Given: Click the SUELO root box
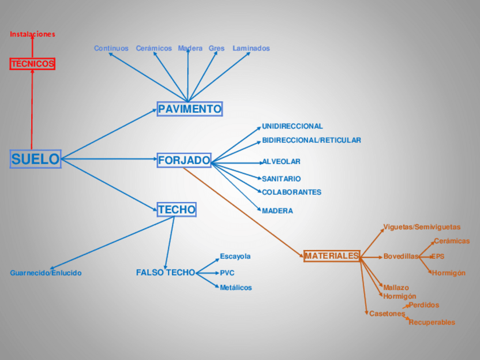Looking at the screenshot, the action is (x=35, y=159).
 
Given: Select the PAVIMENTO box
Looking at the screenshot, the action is (x=190, y=109).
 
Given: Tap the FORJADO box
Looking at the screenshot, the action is (x=184, y=160).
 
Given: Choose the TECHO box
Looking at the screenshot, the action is (x=177, y=209).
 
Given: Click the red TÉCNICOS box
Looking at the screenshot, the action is (x=33, y=64).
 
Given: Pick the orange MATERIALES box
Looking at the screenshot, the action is (x=332, y=256).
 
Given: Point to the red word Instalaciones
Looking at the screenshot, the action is (x=32, y=34).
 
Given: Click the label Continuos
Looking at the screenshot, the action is (x=111, y=49).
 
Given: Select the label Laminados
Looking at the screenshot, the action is (x=251, y=49).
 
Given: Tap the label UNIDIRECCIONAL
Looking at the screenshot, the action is (x=292, y=126).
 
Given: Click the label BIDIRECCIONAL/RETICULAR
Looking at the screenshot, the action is (x=311, y=140).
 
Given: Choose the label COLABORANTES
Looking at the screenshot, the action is (x=292, y=192).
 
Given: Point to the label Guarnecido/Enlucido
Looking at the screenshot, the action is (x=46, y=273).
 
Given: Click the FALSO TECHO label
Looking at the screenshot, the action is (x=165, y=273).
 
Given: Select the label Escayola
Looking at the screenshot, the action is (x=235, y=256).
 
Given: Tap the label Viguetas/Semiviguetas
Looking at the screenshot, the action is (x=422, y=227).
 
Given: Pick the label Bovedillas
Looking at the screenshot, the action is (x=400, y=256).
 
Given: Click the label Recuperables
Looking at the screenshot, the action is (x=431, y=323).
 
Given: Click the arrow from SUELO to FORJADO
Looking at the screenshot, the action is (x=108, y=160).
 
